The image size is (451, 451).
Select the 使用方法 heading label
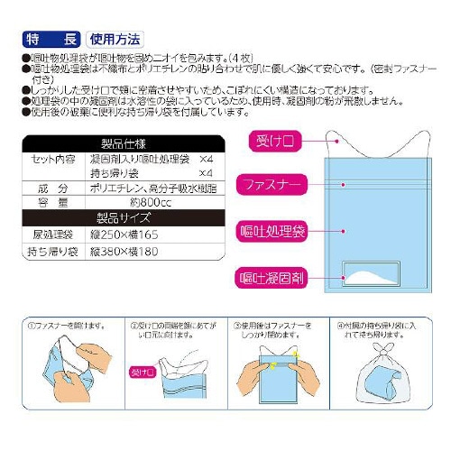[114, 40]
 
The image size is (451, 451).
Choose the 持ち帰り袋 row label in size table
[52, 248]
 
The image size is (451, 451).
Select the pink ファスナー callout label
[273, 185]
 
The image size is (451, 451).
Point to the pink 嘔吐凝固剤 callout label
[273, 275]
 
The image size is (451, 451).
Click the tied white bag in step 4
[385, 384]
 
